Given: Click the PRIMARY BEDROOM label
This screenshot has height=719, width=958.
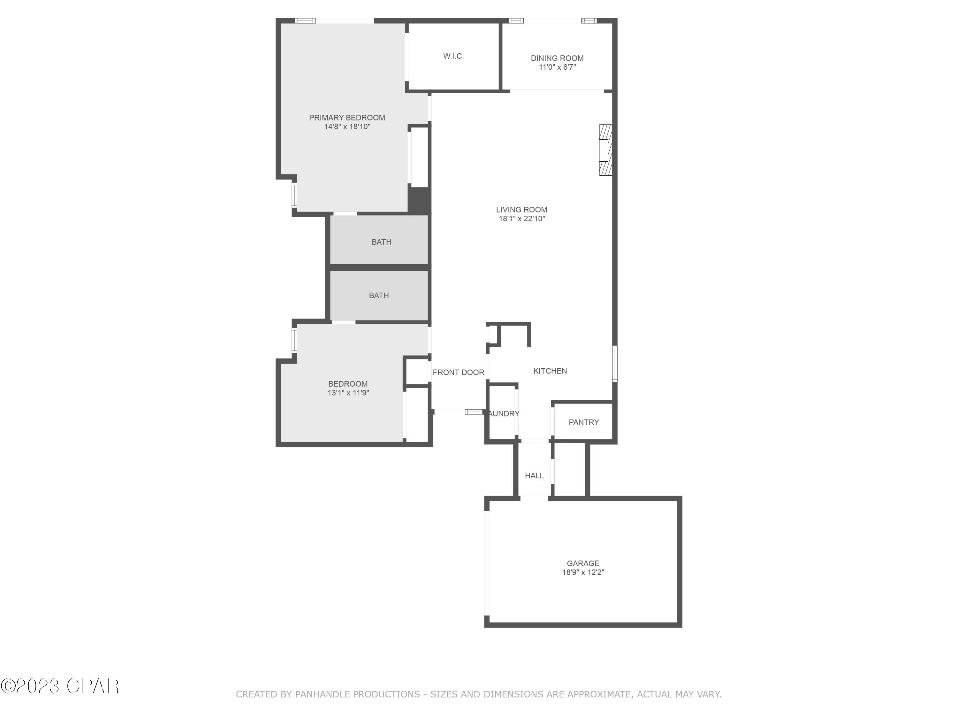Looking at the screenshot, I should pos(347,118).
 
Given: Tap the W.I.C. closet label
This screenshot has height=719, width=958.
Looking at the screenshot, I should pos(453,56).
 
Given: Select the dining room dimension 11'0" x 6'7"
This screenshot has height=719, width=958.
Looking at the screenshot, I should pos(557,67).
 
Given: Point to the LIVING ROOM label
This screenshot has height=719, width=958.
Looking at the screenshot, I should pos(521,209).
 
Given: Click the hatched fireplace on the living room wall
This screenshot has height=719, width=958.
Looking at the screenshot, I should pos(605,150).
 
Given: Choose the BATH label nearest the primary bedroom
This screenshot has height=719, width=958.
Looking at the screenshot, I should pos(381,242).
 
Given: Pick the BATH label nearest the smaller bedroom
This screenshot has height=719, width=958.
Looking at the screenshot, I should pos(378,295).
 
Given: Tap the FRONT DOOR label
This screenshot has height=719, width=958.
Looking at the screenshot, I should pos(458,372).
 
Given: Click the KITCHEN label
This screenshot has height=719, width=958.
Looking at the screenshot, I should pos(550,371).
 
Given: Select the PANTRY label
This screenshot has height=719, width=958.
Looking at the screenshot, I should pos(583,422).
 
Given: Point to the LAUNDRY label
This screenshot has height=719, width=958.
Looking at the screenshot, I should pos(504,414).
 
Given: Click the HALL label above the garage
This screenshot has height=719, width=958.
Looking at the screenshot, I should pos(534,475).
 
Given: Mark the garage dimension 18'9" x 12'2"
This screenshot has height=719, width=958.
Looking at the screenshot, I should pos(583,572).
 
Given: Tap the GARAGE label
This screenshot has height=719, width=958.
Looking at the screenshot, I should pos(583,563).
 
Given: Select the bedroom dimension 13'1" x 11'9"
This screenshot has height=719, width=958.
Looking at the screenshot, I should pos(348,393).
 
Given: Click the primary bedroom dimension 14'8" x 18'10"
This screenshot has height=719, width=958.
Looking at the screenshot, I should pos(347,127).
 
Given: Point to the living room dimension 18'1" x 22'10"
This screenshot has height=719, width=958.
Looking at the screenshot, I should pos(521,219).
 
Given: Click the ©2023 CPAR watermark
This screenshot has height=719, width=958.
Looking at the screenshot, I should pos(60,686).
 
